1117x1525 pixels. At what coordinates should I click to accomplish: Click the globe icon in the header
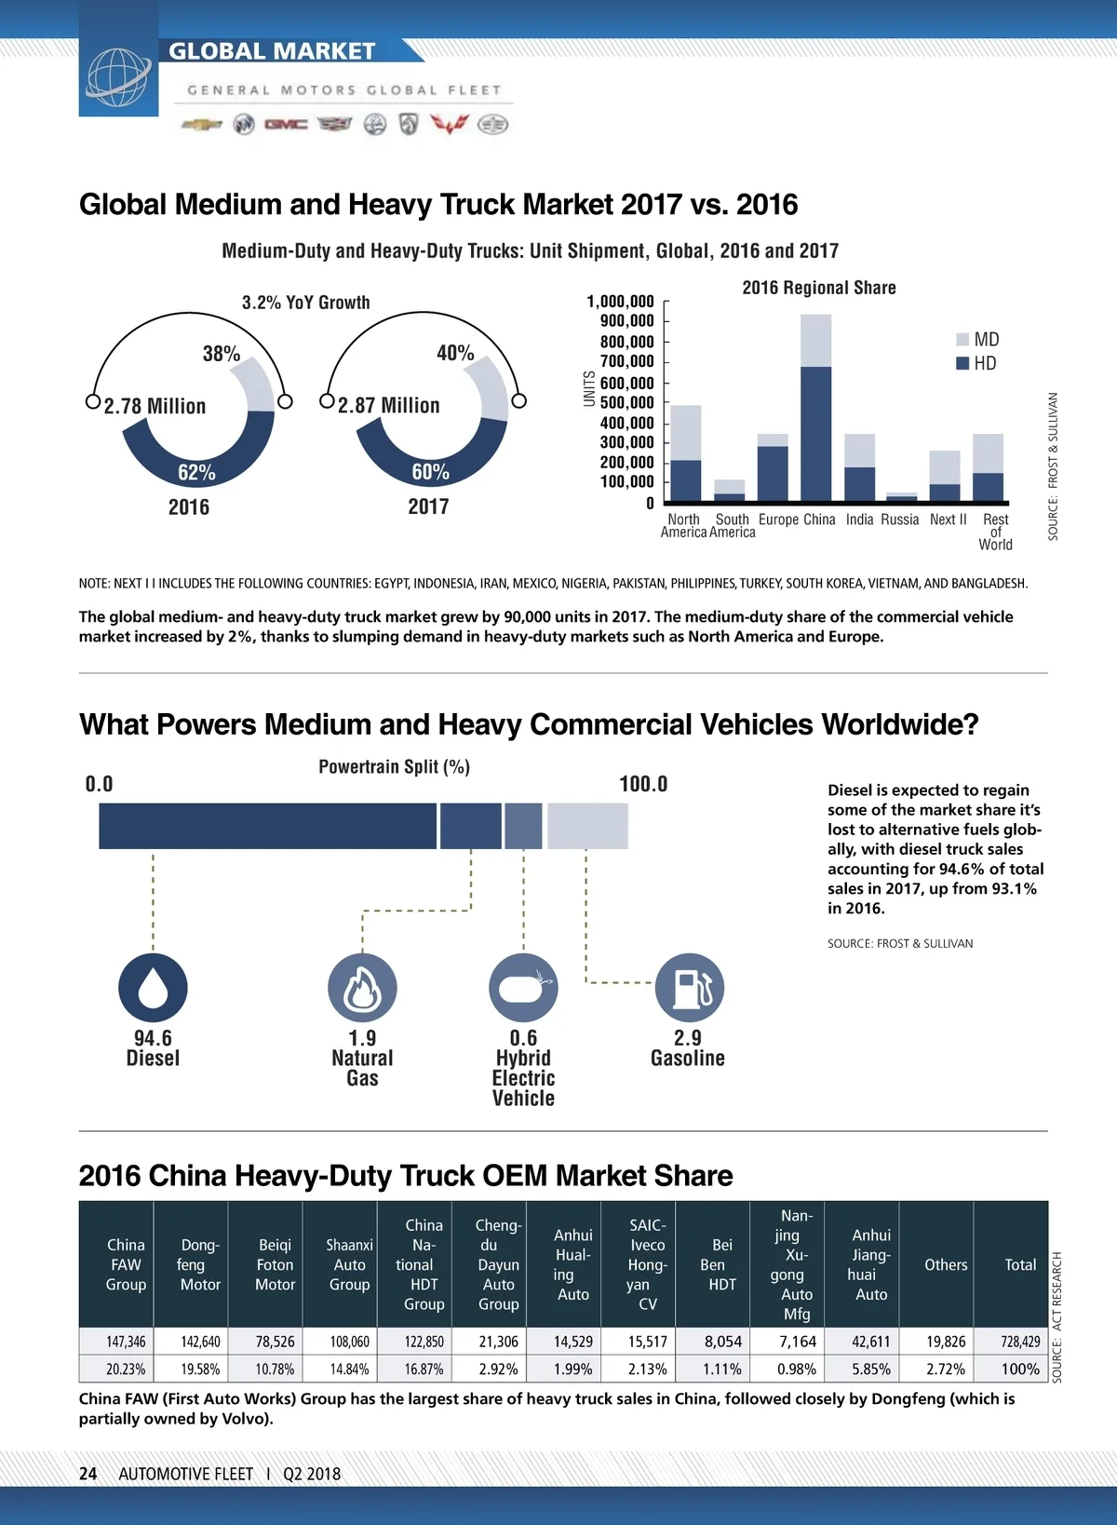point(118,75)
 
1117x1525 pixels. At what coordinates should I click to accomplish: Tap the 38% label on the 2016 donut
point(222,354)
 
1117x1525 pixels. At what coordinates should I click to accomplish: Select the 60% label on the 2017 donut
point(430,472)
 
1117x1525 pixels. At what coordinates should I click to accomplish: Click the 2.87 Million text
point(388,406)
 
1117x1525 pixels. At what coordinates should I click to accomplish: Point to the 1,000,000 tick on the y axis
point(620,302)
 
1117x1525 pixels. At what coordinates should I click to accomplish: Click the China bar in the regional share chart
point(815,410)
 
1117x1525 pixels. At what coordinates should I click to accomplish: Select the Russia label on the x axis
point(899,520)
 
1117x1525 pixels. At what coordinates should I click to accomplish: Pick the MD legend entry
point(978,340)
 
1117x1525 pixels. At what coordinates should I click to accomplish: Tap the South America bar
point(729,492)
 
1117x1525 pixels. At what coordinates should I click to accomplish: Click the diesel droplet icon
point(153,988)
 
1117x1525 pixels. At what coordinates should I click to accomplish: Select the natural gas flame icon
point(362,988)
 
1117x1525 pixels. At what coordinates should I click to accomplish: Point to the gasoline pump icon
point(689,988)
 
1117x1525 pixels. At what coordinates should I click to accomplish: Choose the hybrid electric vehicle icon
point(523,988)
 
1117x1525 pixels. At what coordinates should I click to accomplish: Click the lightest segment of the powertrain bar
point(587,826)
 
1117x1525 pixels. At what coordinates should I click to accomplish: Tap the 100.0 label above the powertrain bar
point(643,784)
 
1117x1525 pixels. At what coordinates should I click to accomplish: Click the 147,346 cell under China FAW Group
point(126,1342)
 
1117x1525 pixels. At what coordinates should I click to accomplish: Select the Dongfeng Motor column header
point(200,1264)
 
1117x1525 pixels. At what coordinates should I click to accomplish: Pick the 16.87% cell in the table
point(424,1370)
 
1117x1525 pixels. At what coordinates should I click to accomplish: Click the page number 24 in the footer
point(88,1474)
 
